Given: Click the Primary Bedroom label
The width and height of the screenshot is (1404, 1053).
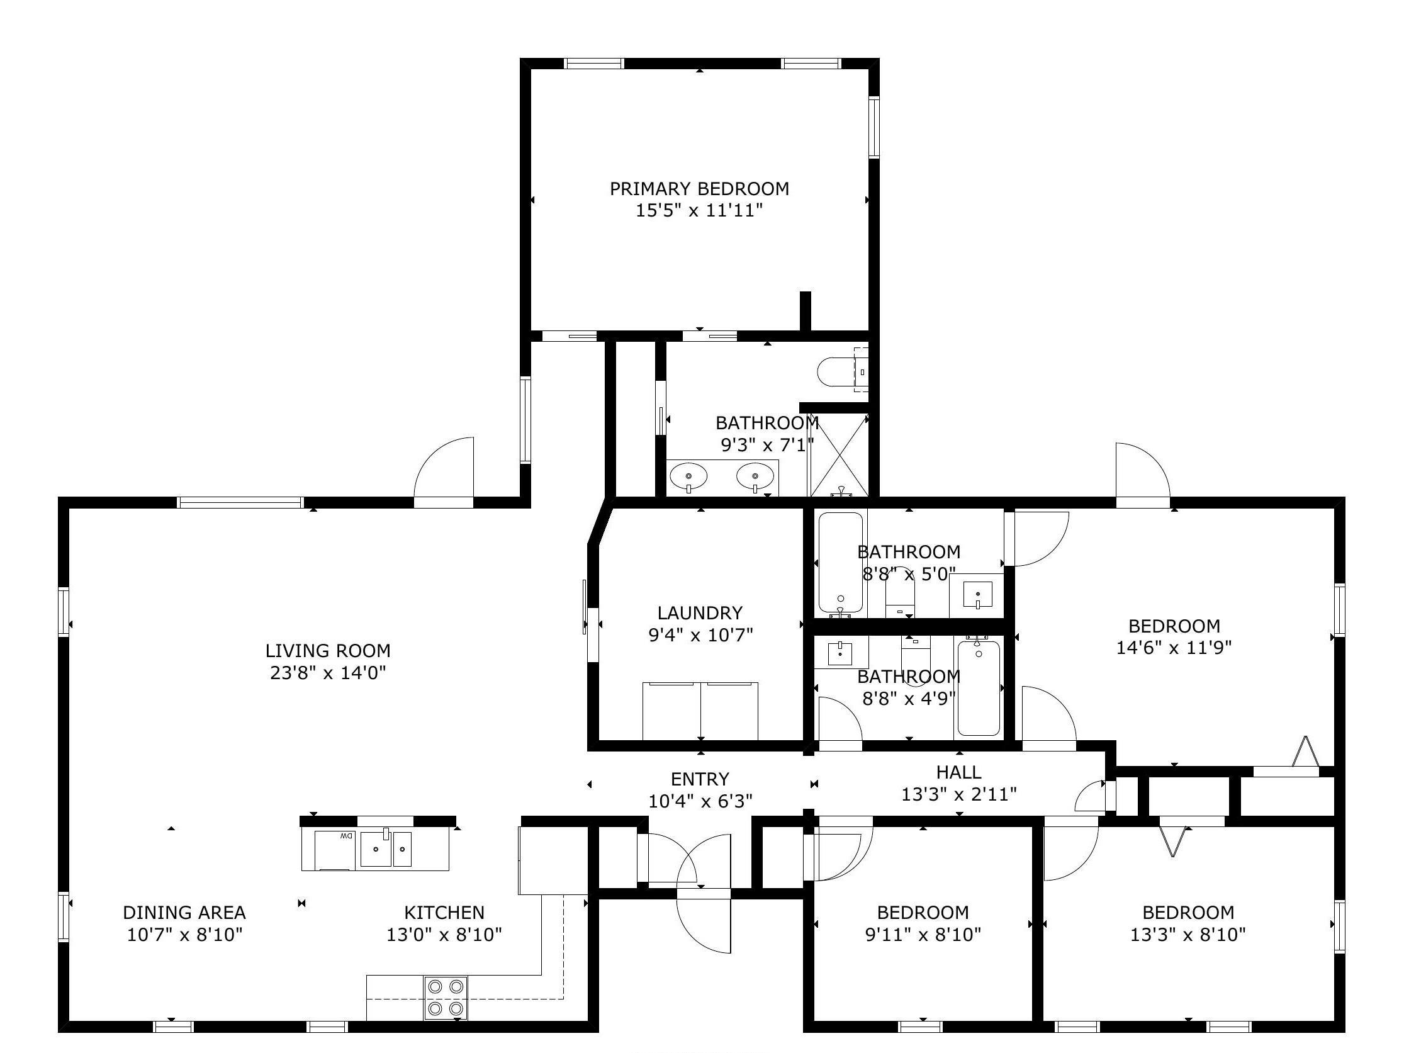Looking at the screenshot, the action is click(x=699, y=189).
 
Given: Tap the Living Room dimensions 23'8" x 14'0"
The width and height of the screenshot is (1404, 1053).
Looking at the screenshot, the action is click(x=328, y=672).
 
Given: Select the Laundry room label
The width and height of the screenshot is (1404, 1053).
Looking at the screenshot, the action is click(x=699, y=612).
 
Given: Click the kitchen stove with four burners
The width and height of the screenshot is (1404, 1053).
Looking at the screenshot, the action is click(x=446, y=997).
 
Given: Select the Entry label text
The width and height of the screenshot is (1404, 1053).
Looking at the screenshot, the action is click(x=699, y=779).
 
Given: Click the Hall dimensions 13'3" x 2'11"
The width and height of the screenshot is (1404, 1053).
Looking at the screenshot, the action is click(x=959, y=794).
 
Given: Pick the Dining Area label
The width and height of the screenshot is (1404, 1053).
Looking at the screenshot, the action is click(x=184, y=912).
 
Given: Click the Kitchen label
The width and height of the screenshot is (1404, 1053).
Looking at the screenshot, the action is click(x=444, y=912).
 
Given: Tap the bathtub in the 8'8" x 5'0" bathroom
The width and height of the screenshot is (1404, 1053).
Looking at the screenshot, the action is click(x=840, y=562).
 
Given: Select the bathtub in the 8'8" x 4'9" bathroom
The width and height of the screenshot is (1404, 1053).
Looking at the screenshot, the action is click(x=979, y=688).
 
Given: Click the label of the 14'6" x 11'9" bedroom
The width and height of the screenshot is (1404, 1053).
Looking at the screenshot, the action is click(x=1174, y=626).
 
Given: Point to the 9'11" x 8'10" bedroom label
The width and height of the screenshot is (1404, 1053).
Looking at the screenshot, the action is click(x=923, y=912).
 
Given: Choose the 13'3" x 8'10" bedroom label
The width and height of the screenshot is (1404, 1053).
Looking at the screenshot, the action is click(x=1188, y=912).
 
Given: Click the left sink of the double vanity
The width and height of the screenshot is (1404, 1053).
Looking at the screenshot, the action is click(x=688, y=476).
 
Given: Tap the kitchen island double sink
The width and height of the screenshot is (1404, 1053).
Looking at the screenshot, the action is click(x=386, y=848).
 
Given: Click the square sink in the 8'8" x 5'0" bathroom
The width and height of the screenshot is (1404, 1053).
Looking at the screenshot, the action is click(x=977, y=595).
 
